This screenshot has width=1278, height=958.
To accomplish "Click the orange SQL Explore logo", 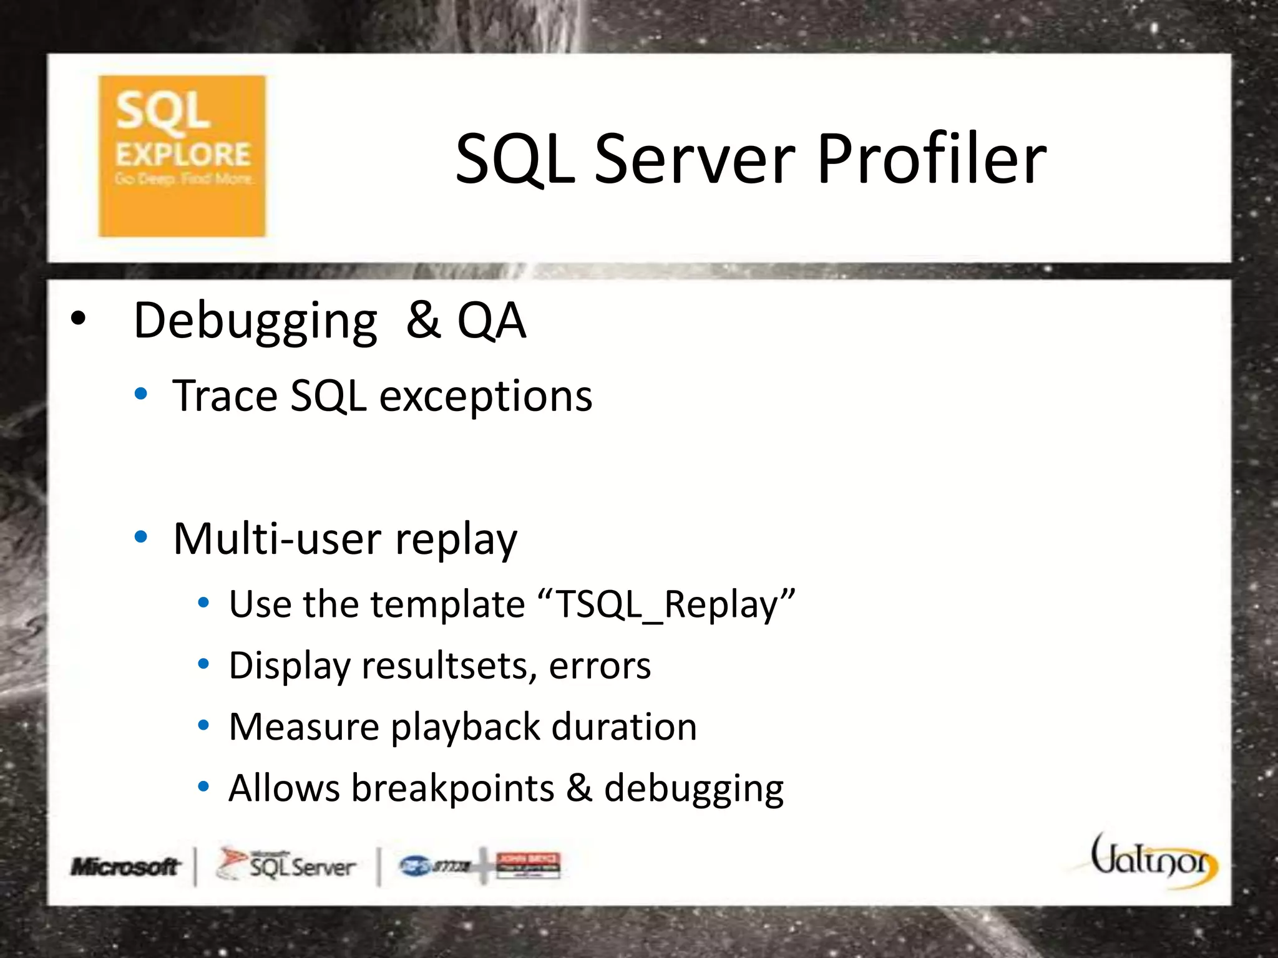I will point(182,156).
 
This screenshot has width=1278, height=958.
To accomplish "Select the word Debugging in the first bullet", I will point(255,322).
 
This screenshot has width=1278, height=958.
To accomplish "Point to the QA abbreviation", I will point(491,321).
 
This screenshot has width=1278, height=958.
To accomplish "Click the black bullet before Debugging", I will point(77,319).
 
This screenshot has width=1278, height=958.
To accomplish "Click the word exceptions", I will point(485,397).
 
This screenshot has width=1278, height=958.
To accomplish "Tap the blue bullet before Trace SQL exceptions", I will point(141,394).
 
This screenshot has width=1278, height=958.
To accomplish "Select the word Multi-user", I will point(277,539).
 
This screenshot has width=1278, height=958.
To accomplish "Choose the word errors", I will point(600,665).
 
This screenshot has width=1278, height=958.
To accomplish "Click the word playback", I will point(465,727).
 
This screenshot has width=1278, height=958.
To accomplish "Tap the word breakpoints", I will point(452,788).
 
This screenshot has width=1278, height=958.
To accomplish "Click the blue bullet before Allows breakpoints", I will point(203,786).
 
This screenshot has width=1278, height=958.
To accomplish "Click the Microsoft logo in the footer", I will point(125,866).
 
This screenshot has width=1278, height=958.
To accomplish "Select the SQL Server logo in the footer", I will point(286,865).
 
